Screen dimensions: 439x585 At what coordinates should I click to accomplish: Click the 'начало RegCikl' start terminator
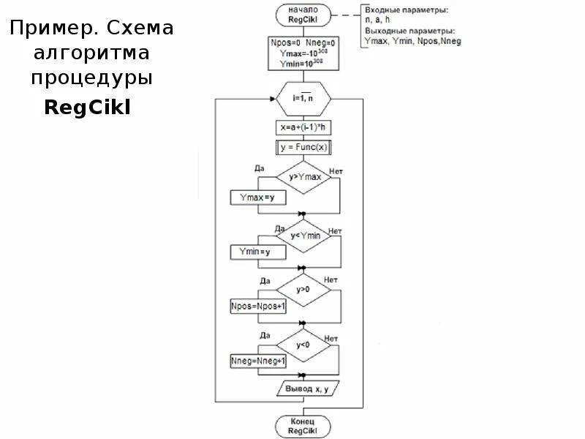[x=303, y=14]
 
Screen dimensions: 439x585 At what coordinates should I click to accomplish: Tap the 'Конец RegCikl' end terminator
[x=303, y=426]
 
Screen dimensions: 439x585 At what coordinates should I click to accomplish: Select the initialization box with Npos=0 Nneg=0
[x=303, y=53]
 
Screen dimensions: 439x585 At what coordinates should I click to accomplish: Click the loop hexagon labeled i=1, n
[x=303, y=98]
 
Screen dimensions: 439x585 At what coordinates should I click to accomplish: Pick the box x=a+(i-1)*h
[x=303, y=127]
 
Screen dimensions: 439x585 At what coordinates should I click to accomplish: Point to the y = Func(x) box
[x=303, y=147]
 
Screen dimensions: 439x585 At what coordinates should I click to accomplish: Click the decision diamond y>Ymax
[x=303, y=177]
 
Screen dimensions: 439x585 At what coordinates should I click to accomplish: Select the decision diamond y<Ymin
[x=303, y=235]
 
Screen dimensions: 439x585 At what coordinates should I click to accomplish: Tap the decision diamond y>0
[x=303, y=290]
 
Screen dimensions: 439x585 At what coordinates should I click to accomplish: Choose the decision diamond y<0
[x=303, y=345]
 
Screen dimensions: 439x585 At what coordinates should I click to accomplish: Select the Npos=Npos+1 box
[x=258, y=307]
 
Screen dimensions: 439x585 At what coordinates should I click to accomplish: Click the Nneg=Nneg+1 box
[x=258, y=361]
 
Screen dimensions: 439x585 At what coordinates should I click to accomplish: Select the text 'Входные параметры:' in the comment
[x=406, y=10]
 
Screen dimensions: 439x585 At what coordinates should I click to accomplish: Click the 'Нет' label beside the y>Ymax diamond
[x=336, y=170]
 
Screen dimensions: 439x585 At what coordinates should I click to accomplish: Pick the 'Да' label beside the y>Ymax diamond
[x=259, y=168]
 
